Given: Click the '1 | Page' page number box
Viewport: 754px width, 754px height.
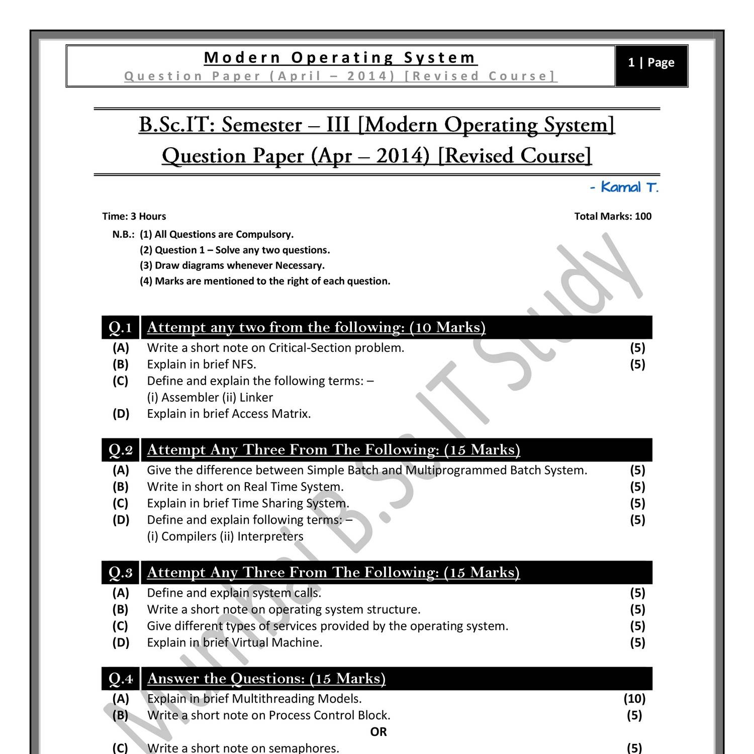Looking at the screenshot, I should click(651, 63).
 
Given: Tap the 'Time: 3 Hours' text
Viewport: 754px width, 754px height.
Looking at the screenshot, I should click(134, 217).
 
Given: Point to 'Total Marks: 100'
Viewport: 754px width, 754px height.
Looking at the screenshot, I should click(613, 217).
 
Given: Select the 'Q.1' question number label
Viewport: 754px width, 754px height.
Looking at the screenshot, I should click(121, 328).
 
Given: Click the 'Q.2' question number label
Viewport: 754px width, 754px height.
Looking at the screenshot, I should click(121, 450).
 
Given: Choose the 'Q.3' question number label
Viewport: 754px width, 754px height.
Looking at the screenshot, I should click(121, 573).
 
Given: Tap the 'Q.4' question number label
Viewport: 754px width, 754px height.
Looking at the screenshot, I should click(121, 679).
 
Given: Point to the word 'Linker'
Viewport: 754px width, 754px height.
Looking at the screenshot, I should click(256, 398).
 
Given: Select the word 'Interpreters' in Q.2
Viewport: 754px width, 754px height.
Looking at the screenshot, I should click(270, 536).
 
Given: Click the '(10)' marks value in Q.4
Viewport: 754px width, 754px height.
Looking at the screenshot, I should click(634, 699).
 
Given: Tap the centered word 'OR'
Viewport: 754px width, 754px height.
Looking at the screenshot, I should click(379, 732).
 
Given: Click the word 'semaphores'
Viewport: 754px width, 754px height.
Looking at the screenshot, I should click(304, 748).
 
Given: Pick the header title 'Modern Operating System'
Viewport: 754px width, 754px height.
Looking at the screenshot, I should click(340, 58).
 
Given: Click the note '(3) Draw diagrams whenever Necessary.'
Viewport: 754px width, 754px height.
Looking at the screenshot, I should click(232, 265).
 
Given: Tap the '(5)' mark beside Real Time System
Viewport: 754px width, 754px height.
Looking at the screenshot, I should click(637, 487).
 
